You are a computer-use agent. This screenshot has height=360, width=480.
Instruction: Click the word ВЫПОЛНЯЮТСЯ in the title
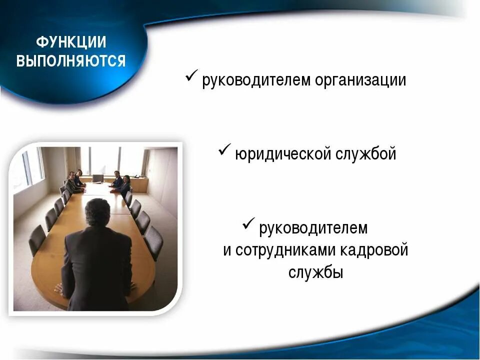click(71, 61)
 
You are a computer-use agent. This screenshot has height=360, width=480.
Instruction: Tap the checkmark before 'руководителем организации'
click(192, 77)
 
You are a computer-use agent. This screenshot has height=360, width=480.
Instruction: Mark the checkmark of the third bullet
click(249, 224)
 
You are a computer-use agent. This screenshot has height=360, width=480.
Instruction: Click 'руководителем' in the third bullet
click(313, 228)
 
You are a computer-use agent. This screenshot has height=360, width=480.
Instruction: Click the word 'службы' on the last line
click(315, 272)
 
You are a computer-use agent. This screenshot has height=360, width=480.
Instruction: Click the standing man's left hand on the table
click(59, 288)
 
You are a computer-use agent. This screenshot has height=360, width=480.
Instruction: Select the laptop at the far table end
click(98, 178)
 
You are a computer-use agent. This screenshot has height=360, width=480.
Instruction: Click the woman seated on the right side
click(125, 185)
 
